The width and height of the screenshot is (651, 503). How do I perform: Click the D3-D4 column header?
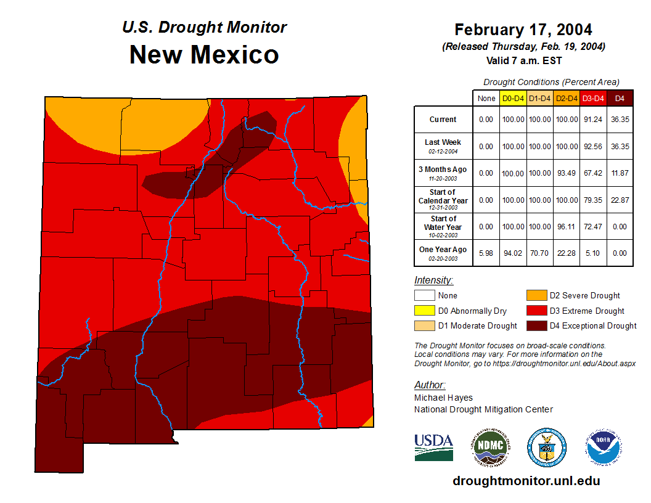(593, 98)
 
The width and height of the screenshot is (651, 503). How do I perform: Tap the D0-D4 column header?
(513, 98)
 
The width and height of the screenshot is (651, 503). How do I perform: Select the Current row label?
(443, 120)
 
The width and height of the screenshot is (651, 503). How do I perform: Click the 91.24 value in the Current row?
(593, 120)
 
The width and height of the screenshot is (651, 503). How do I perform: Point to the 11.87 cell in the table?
(620, 173)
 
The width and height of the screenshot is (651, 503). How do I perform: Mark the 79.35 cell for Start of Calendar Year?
(593, 200)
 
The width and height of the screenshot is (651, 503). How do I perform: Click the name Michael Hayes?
(443, 398)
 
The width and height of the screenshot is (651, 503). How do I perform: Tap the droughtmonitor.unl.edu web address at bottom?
(526, 481)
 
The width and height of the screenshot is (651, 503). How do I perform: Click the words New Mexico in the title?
(204, 55)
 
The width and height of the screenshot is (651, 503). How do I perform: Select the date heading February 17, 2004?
(523, 30)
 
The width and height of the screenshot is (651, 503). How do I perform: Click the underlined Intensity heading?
(433, 280)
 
